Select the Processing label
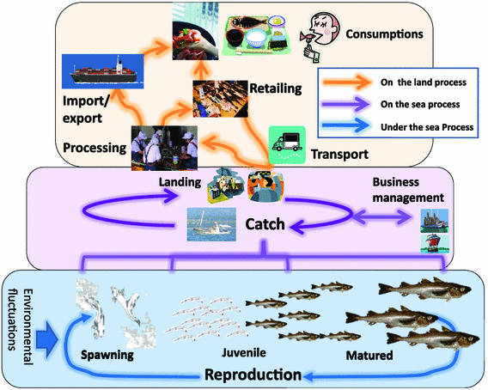93,148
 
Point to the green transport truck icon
288,142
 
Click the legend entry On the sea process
417,107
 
